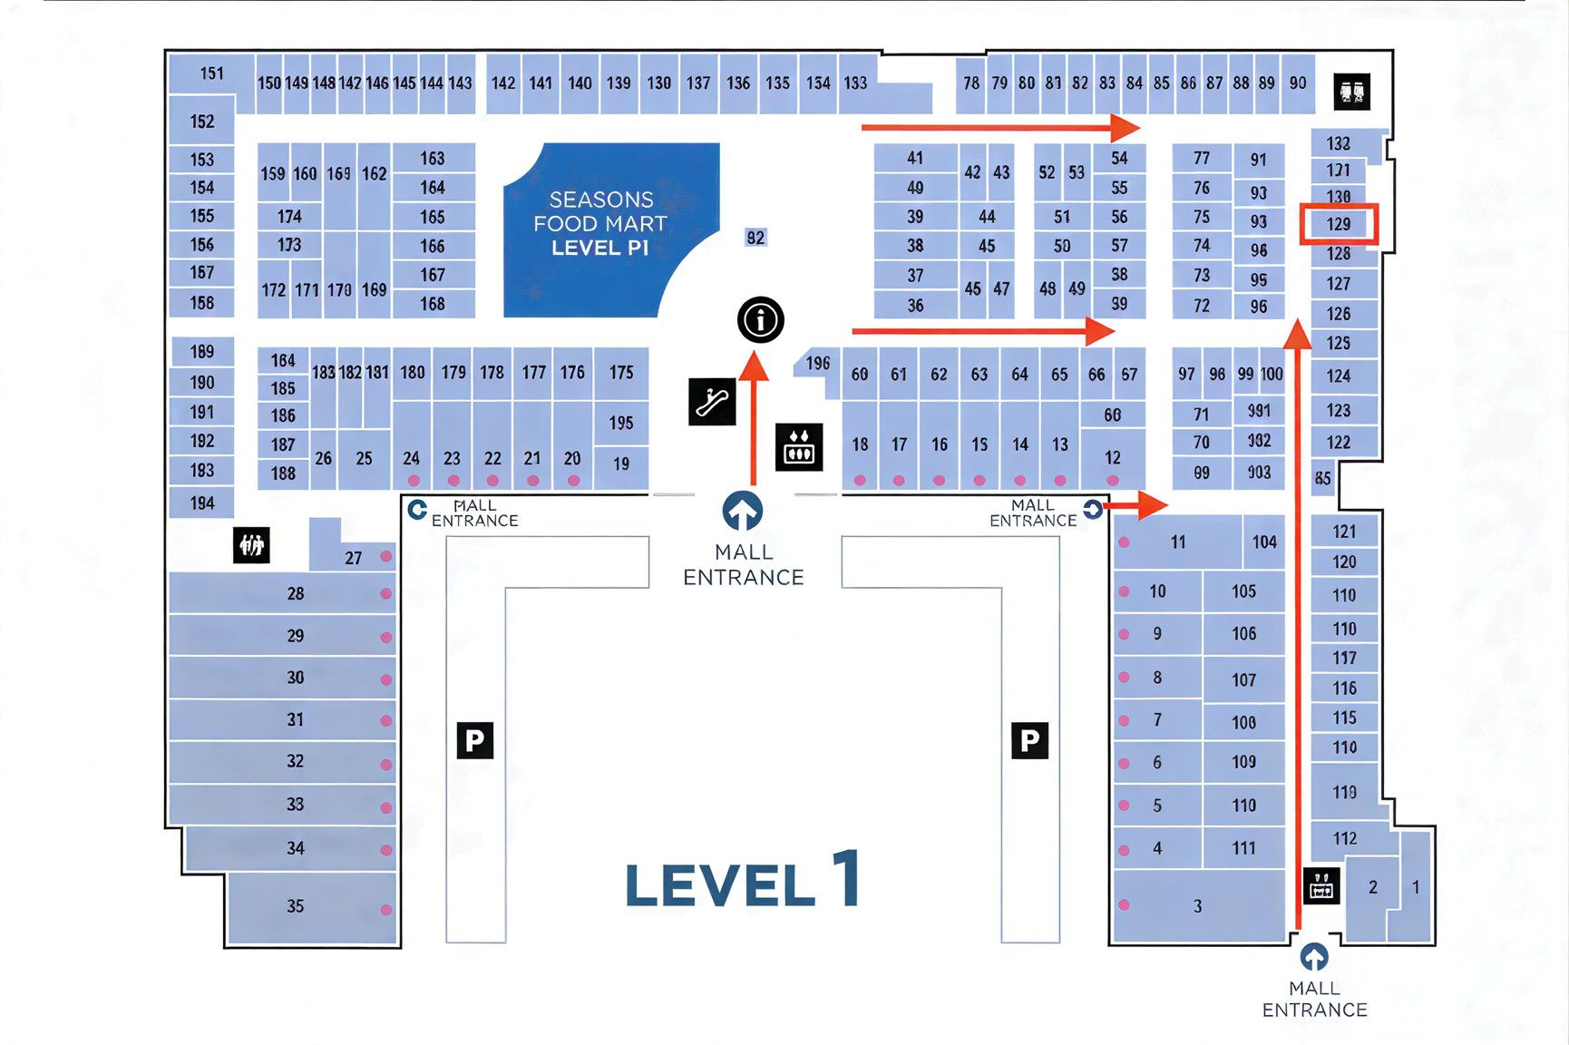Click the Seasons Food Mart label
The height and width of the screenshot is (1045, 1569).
click(x=600, y=223)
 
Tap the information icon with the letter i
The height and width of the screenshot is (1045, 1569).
click(x=760, y=319)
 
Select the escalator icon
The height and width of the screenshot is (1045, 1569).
click(x=712, y=401)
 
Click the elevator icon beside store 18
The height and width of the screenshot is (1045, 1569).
click(x=799, y=446)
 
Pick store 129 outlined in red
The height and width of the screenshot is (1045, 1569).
click(x=1339, y=224)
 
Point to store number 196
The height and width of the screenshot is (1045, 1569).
click(x=817, y=363)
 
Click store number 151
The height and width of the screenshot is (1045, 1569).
click(x=211, y=73)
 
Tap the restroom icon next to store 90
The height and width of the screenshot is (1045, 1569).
click(x=1351, y=92)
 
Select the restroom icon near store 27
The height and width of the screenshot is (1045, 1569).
click(x=251, y=545)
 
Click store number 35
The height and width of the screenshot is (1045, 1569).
click(x=296, y=906)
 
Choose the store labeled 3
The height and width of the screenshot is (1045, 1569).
click(x=1197, y=906)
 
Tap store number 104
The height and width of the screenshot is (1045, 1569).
click(x=1264, y=542)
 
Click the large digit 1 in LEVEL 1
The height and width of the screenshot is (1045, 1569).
click(x=846, y=878)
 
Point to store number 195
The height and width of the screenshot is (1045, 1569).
click(x=621, y=423)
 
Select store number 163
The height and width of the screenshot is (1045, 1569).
click(x=433, y=158)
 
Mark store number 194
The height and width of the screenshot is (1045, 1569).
click(x=202, y=503)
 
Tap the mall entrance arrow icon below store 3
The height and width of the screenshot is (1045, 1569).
click(x=1314, y=957)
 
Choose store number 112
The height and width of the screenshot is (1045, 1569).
click(x=1345, y=838)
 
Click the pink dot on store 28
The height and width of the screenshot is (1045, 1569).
click(x=386, y=594)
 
